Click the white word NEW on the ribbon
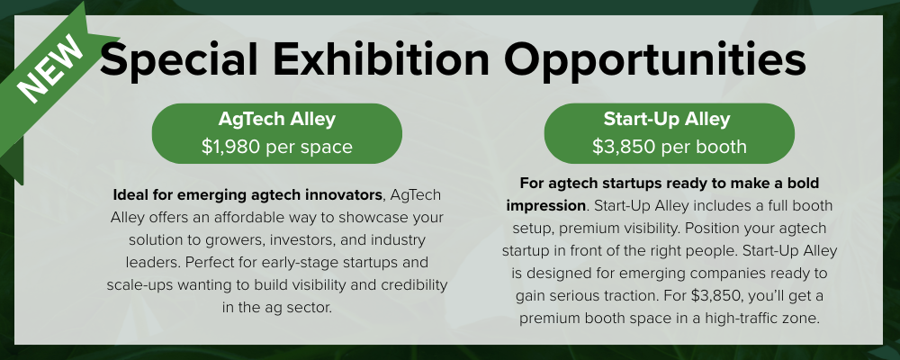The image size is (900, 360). coord(49,68)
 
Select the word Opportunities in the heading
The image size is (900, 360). coord(655,59)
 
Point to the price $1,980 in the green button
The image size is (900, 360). coord(231,147)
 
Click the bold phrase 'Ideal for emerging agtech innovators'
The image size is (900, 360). coord(248,195)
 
